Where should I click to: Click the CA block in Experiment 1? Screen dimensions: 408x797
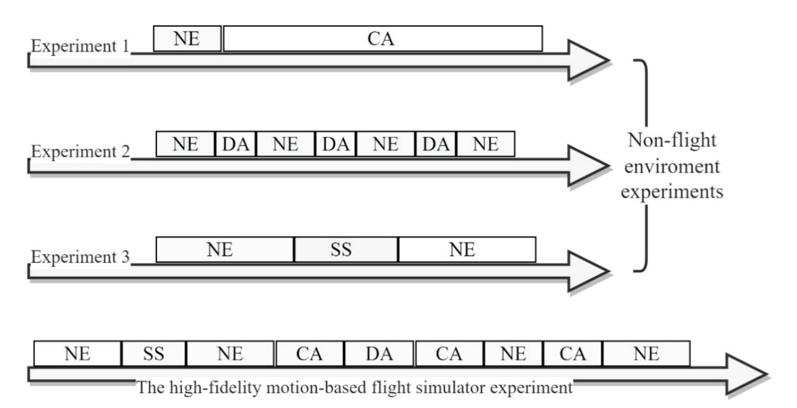(383, 39)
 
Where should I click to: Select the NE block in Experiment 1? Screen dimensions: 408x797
(187, 39)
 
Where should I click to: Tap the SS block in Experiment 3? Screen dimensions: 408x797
(346, 250)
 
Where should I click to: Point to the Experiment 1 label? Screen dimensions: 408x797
(80, 47)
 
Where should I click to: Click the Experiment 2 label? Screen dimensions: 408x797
(80, 151)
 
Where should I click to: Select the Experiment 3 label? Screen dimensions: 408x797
(80, 256)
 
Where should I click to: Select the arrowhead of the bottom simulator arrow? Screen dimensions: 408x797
(747, 374)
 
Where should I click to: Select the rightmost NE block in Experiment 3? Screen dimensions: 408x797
(467, 250)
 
